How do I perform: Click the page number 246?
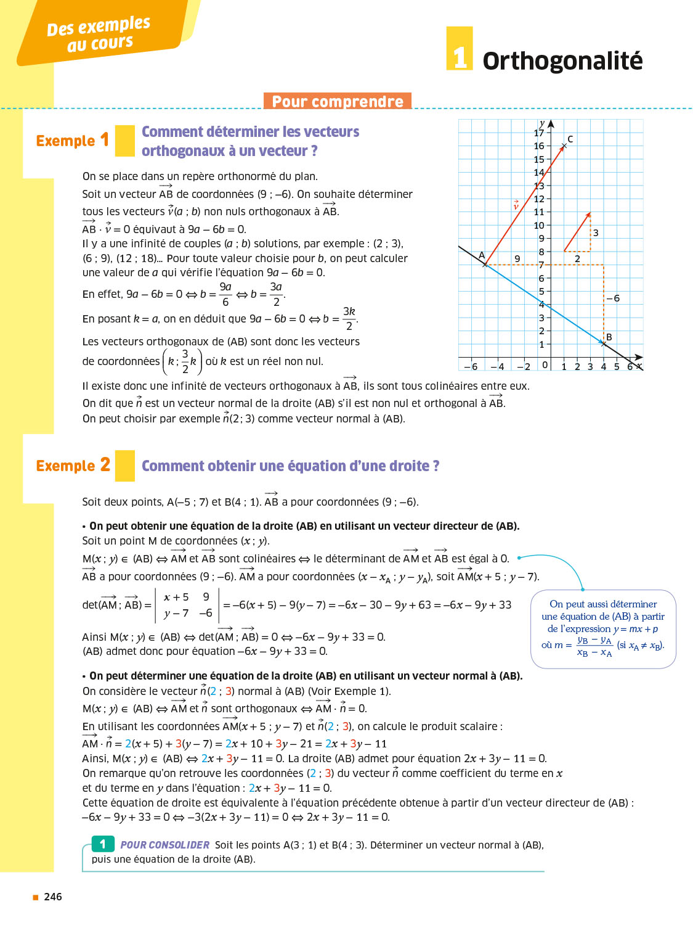[x=53, y=897]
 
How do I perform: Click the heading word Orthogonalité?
[x=562, y=61]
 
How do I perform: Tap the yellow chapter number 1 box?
[x=460, y=49]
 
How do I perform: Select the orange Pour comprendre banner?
[x=338, y=101]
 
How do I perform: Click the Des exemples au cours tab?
[x=99, y=34]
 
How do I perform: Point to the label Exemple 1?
[x=72, y=141]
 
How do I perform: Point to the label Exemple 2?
[x=73, y=466]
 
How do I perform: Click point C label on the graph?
[x=570, y=139]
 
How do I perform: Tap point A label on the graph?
[x=482, y=255]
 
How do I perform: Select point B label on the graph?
[x=609, y=337]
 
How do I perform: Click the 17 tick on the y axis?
[x=539, y=133]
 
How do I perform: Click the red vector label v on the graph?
[x=516, y=206]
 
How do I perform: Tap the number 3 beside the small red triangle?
[x=596, y=233]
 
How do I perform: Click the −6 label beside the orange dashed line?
[x=613, y=298]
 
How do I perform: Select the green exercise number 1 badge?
[x=103, y=844]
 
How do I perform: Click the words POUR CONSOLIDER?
[x=165, y=845]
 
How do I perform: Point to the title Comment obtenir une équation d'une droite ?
[x=290, y=466]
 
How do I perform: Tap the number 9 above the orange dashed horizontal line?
[x=517, y=258]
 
